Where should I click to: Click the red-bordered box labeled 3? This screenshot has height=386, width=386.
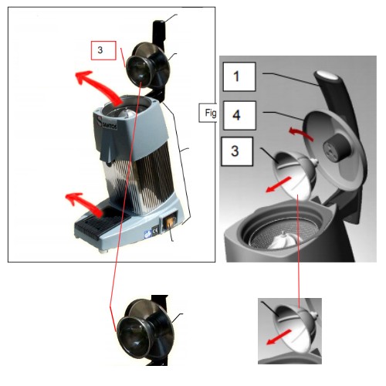coord(103,50)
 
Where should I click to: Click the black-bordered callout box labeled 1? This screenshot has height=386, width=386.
coord(239,76)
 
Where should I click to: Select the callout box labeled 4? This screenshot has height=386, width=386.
coord(239,115)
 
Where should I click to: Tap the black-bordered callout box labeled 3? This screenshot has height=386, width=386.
coord(237,151)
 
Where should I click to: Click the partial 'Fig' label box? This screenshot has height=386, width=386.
coord(208,113)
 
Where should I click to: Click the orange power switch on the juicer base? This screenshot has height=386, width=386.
coord(170,221)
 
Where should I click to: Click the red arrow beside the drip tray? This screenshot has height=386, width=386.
coord(84,204)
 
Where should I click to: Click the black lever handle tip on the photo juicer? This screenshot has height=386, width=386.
coord(159,25)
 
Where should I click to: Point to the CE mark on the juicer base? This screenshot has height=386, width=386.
coord(155,231)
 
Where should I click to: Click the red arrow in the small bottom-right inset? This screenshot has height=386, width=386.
coord(279,337)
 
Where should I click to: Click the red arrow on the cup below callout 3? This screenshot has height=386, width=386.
coord(278,185)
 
